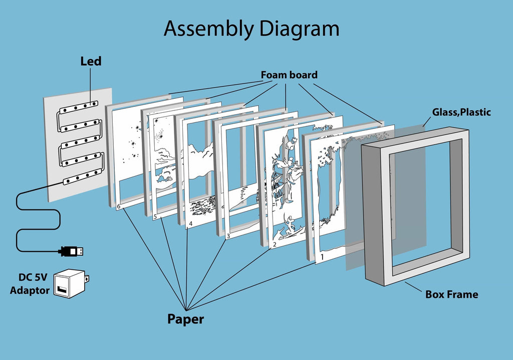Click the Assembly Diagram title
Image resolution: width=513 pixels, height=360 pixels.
(251, 29)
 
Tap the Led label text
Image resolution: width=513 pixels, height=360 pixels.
(91, 62)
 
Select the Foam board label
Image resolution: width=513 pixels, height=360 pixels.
(289, 75)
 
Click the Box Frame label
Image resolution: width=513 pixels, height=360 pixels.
(451, 294)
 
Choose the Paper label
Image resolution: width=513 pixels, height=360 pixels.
(185, 319)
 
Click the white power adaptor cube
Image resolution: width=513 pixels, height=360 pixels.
(70, 283)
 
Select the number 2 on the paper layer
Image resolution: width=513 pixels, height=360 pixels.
(274, 245)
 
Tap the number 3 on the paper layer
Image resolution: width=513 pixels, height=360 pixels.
(228, 235)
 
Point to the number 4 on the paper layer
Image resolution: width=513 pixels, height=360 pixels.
(190, 223)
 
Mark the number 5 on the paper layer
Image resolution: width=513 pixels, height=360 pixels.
(155, 217)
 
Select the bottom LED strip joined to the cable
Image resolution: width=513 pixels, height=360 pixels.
(84, 175)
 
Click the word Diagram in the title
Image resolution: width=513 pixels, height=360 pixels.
(300, 29)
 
